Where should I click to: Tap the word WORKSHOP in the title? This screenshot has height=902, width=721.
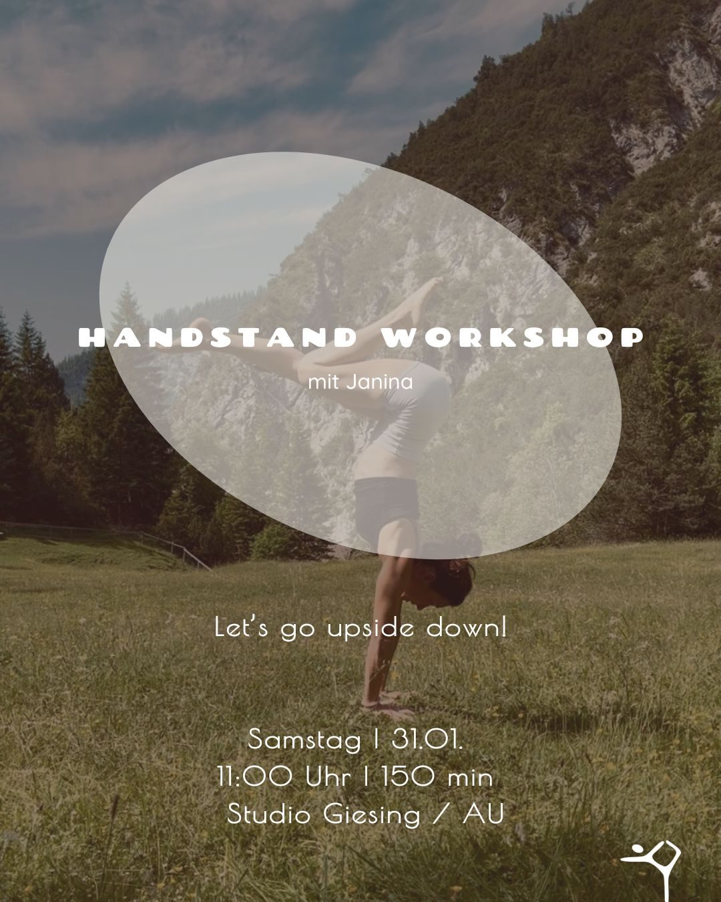(513, 338)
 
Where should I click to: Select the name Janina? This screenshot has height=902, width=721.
(380, 382)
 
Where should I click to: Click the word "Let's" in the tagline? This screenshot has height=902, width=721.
(241, 628)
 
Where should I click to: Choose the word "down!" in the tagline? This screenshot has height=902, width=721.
(466, 628)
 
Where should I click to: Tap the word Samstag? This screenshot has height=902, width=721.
(304, 740)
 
